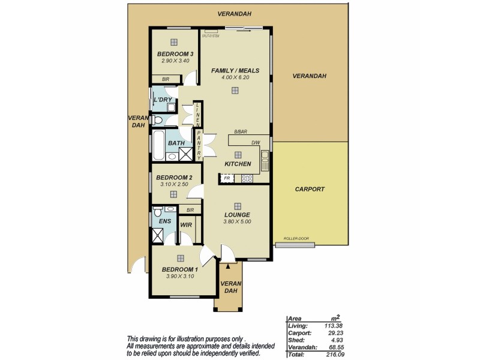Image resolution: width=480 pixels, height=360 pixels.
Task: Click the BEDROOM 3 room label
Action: pyautogui.click(x=173, y=54)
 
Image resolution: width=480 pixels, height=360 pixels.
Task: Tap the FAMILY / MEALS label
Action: pyautogui.click(x=235, y=71)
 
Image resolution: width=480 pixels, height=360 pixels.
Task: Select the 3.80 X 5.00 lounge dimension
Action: pyautogui.click(x=238, y=221)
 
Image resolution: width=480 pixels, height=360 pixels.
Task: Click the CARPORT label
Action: pyautogui.click(x=310, y=189)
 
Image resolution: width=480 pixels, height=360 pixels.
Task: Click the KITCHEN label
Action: pyautogui.click(x=238, y=164)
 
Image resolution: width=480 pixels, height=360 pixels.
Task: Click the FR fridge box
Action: pyautogui.click(x=227, y=178)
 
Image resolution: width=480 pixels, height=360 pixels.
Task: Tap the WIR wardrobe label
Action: pyautogui.click(x=186, y=225)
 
